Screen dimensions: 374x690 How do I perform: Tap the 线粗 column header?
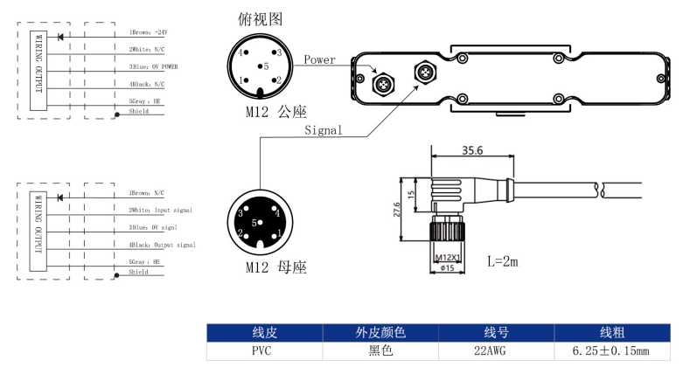click(x=611, y=333)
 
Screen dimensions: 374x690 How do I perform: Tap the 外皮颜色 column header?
click(x=380, y=333)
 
